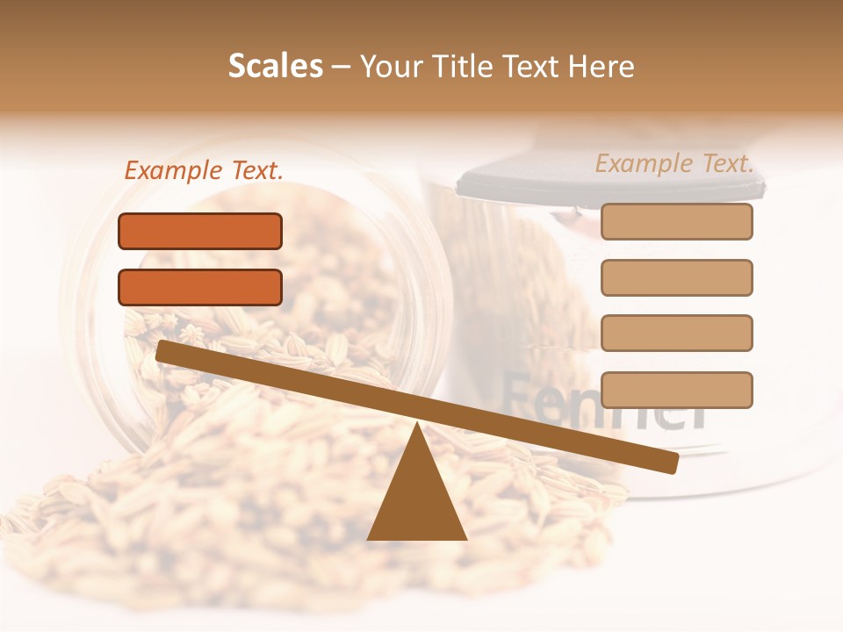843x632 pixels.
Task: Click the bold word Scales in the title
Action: (275, 67)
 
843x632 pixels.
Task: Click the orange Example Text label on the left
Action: (204, 171)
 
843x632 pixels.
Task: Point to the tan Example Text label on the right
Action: (674, 163)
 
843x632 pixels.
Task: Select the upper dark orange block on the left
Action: (200, 231)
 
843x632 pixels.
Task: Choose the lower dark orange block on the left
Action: (200, 287)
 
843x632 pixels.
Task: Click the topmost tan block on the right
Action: (676, 221)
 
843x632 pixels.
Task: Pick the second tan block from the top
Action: (676, 277)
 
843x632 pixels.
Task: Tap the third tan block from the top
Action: (676, 333)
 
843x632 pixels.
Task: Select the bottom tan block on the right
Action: (676, 390)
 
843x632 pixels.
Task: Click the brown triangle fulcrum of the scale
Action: (416, 496)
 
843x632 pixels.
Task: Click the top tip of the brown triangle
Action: (417, 426)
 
